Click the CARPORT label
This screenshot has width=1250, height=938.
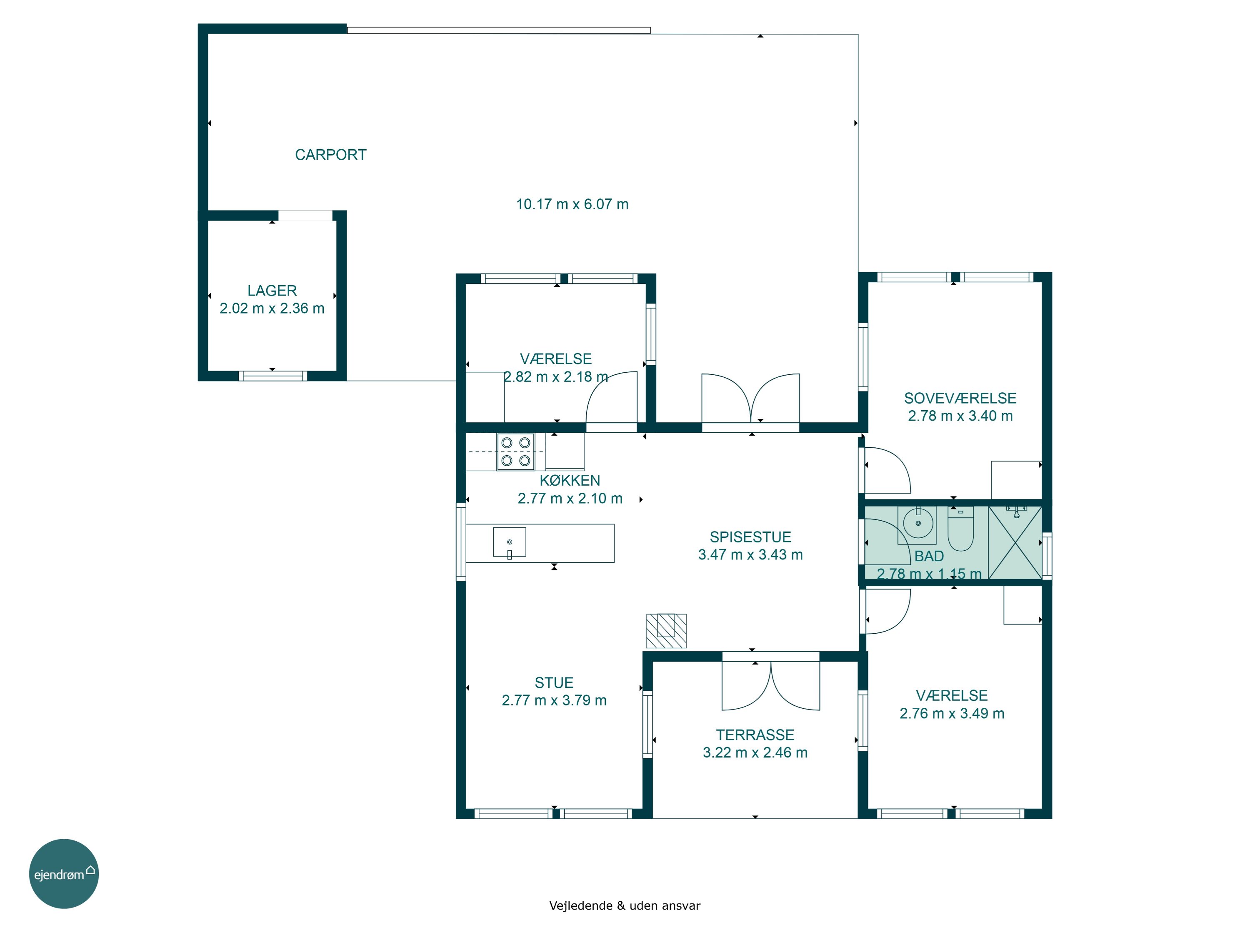[x=330, y=155]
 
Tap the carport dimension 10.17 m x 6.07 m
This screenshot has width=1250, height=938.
[x=572, y=204]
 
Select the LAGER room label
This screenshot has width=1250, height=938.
[x=272, y=291]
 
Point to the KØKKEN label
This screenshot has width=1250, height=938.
[x=570, y=481]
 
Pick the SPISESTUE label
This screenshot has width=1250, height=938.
[x=750, y=537]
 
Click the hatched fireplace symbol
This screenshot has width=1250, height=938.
[x=666, y=630]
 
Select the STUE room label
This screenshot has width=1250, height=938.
[x=554, y=682]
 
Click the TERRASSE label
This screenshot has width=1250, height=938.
[x=755, y=735]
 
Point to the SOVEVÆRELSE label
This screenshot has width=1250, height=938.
[x=960, y=398]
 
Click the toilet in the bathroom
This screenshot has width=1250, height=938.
[x=961, y=529]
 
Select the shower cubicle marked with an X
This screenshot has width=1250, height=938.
[x=1015, y=542]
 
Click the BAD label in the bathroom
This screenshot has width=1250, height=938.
[x=929, y=557]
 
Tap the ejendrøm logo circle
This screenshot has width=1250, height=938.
[x=64, y=873]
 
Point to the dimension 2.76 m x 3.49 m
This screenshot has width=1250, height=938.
[x=952, y=714]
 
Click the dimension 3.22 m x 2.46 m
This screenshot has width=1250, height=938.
[x=755, y=752]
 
